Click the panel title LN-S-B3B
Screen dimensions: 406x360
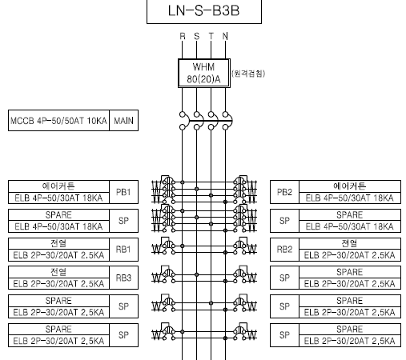(203, 11)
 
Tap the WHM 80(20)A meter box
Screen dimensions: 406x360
(204, 73)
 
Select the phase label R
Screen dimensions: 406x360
(183, 36)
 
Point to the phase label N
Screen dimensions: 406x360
(225, 36)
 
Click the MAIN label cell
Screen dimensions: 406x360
(123, 121)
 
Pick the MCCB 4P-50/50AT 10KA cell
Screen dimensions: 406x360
(58, 121)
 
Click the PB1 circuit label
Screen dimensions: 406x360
(123, 192)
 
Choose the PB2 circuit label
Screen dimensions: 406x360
(284, 192)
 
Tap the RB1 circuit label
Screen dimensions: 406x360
(123, 250)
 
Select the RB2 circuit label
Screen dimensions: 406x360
(284, 250)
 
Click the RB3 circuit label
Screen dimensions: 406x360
(123, 278)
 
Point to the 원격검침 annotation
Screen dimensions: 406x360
(248, 74)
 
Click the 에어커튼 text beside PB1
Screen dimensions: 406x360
(58, 186)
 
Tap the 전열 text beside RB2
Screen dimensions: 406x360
(349, 243)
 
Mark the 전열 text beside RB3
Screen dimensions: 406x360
(58, 272)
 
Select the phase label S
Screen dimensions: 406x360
(197, 36)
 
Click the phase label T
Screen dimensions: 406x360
(211, 36)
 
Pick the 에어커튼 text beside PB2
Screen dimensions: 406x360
(349, 186)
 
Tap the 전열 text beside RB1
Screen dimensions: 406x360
(58, 243)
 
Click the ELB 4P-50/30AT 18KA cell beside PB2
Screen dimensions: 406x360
(350, 198)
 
